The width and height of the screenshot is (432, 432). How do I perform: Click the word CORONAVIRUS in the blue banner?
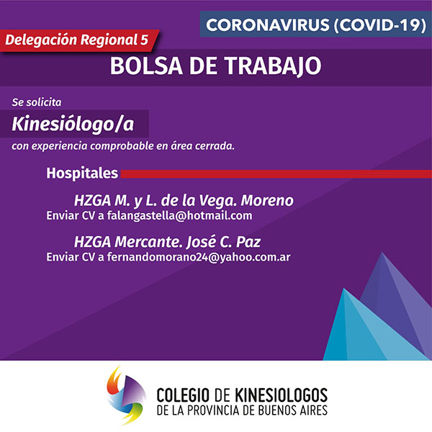pyautogui.click(x=268, y=24)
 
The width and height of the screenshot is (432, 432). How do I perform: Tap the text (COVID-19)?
pyautogui.click(x=380, y=24)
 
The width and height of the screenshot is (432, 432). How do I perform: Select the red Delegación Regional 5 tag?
pyautogui.click(x=79, y=40)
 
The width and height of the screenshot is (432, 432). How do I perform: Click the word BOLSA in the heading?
pyautogui.click(x=146, y=66)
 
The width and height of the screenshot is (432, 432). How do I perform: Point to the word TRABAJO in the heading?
pyautogui.click(x=273, y=66)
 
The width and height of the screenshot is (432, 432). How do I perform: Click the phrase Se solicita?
pyautogui.click(x=37, y=102)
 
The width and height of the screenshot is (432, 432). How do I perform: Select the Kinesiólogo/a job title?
pyautogui.click(x=73, y=124)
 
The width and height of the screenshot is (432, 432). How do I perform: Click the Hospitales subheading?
pyautogui.click(x=82, y=173)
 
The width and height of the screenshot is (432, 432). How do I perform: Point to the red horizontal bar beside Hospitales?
pyautogui.click(x=276, y=174)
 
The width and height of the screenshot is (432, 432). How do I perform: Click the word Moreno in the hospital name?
pyautogui.click(x=267, y=200)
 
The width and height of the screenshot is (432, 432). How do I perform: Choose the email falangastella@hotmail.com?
pyautogui.click(x=179, y=215)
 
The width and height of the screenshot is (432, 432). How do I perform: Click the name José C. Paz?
pyautogui.click(x=223, y=242)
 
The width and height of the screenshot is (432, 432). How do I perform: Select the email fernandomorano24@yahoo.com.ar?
pyautogui.click(x=199, y=257)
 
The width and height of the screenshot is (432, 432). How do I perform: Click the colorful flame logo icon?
pyautogui.click(x=126, y=395)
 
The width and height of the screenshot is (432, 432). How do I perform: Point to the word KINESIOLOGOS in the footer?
pyautogui.click(x=281, y=395)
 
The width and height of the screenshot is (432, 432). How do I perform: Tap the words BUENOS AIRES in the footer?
pyautogui.click(x=292, y=410)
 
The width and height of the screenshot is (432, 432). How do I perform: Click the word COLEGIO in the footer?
pyautogui.click(x=183, y=395)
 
